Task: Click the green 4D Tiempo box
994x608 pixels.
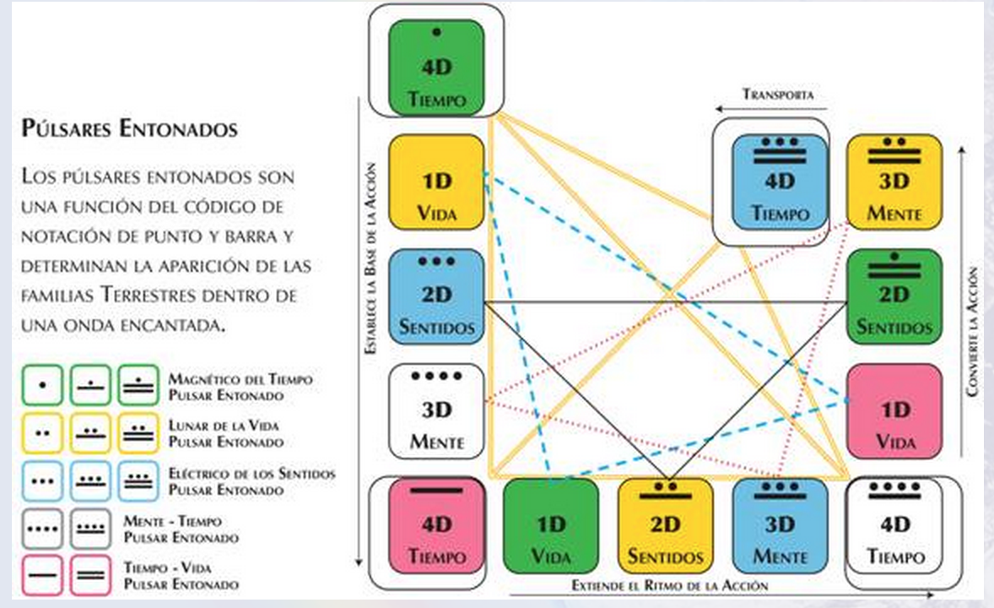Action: coord(436,68)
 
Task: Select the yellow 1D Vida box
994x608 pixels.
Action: coord(436,182)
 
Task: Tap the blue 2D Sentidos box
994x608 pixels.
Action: coord(436,296)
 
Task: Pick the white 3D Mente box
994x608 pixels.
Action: coord(436,411)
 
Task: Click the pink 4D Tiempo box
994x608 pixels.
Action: coord(436,526)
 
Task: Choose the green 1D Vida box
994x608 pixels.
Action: coord(551,526)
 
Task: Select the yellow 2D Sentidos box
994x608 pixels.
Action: coord(666,526)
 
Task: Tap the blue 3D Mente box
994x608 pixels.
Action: coord(780,526)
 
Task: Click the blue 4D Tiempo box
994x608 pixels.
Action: coord(780,182)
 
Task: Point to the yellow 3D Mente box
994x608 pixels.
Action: coord(894,182)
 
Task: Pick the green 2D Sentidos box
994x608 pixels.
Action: coord(894,296)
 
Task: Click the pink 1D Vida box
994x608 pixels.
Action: coord(894,411)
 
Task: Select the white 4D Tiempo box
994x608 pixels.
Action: coord(894,526)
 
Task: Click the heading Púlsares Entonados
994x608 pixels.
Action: coord(130,129)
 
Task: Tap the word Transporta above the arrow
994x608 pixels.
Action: coord(778,95)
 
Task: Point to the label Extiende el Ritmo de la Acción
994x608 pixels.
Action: coord(669,585)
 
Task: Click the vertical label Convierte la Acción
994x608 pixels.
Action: coord(972,331)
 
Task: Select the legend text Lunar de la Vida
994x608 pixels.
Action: coord(224,426)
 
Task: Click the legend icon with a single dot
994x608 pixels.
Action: coord(42,384)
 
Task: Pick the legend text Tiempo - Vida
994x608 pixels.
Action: coord(168,567)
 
